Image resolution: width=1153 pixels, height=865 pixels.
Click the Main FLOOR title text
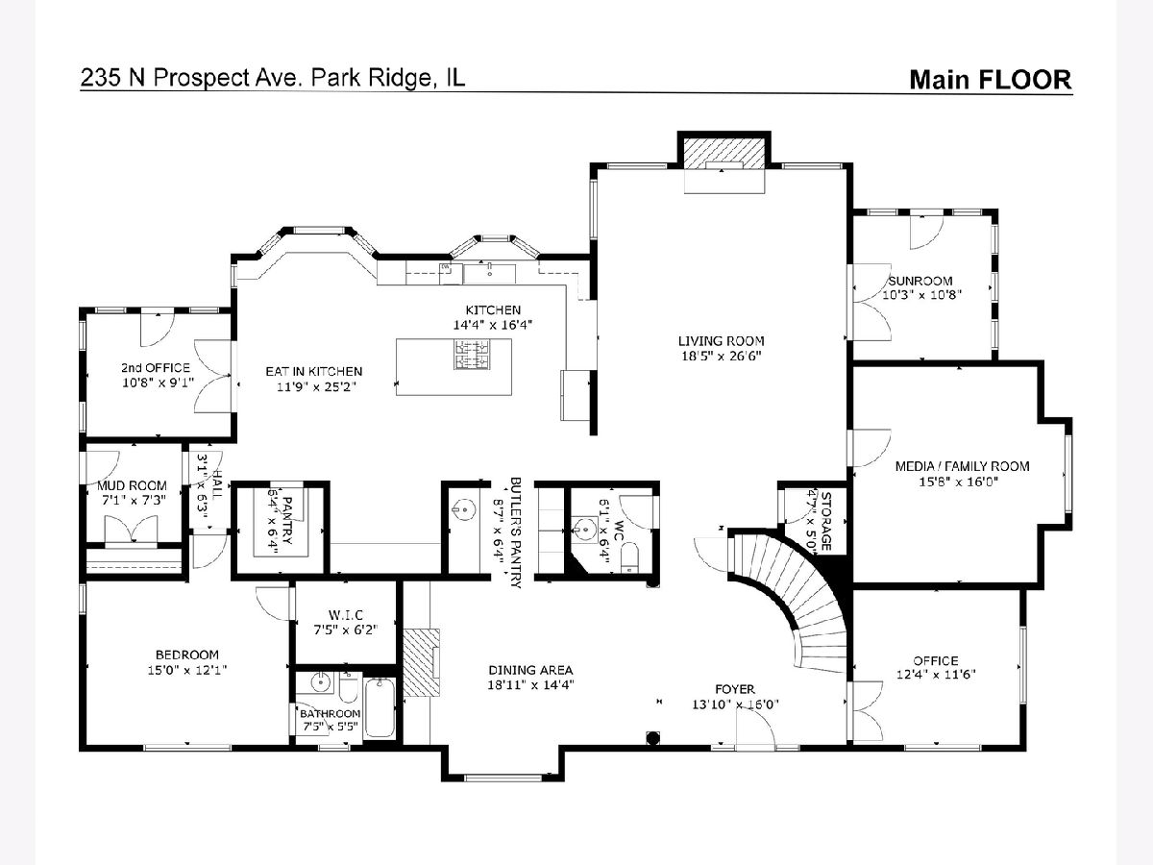(991, 80)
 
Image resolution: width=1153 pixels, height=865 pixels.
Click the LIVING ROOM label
(722, 341)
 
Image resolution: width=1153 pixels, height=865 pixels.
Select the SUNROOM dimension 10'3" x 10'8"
(921, 295)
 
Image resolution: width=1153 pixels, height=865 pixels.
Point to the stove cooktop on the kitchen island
(472, 354)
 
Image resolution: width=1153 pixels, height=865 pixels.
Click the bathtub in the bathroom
(380, 708)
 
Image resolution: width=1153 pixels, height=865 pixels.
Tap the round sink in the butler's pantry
(464, 509)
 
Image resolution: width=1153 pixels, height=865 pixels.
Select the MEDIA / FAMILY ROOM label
(963, 466)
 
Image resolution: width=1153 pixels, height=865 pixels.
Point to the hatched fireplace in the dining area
(421, 663)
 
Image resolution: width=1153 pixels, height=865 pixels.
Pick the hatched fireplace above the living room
(724, 154)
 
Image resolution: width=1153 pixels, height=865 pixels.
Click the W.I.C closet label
(346, 614)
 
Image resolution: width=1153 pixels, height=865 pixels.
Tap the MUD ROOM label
(132, 485)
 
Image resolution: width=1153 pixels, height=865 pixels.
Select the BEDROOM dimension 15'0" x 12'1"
(187, 670)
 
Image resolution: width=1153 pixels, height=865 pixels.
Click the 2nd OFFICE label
(156, 368)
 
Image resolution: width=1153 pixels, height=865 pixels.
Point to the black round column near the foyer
(652, 738)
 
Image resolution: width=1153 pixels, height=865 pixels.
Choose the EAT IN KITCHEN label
(314, 372)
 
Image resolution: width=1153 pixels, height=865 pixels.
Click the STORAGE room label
(825, 522)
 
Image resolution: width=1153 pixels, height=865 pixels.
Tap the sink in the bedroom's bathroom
(320, 682)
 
